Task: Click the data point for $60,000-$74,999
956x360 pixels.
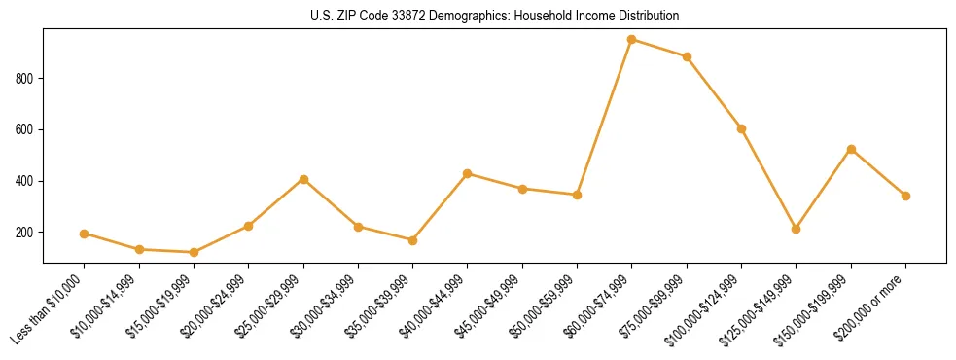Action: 632,39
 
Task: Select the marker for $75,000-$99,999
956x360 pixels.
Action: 687,56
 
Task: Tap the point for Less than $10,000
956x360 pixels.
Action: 84,234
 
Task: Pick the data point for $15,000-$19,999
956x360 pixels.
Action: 194,252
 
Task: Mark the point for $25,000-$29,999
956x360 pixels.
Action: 303,179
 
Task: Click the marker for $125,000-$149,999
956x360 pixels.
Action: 797,229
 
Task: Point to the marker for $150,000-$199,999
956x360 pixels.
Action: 851,149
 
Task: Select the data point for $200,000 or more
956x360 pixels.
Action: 905,196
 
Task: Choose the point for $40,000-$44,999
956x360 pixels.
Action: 468,173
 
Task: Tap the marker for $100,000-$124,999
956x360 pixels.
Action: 741,128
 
